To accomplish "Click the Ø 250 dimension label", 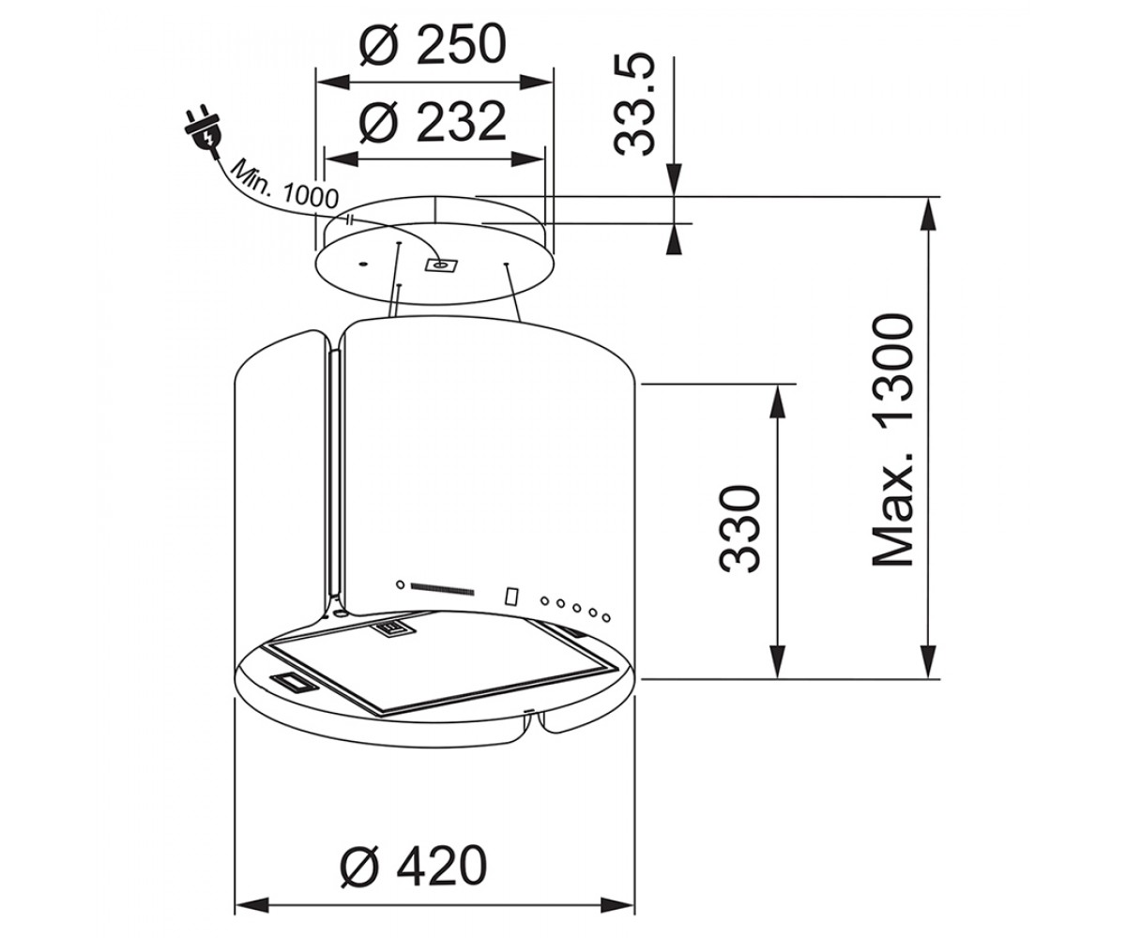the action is [x=433, y=45].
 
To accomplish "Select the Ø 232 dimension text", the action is [x=433, y=122].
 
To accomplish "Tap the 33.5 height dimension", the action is [x=634, y=104].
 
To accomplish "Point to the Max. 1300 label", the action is [x=892, y=440].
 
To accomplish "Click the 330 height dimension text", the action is [x=739, y=529].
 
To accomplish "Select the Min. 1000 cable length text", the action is [x=283, y=185].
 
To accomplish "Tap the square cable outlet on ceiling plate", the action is [x=441, y=265].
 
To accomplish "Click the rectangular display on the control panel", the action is [x=511, y=596].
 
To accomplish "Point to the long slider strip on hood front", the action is [x=442, y=589].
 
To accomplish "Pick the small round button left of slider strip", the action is [x=400, y=584].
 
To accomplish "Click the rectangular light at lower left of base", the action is [x=292, y=681].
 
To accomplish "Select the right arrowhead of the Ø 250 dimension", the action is [x=537, y=83].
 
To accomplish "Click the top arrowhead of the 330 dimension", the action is [x=777, y=401].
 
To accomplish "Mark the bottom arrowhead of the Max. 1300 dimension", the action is [x=929, y=662].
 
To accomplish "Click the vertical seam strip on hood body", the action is [x=334, y=475].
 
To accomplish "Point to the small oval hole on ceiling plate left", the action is [x=363, y=264].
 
